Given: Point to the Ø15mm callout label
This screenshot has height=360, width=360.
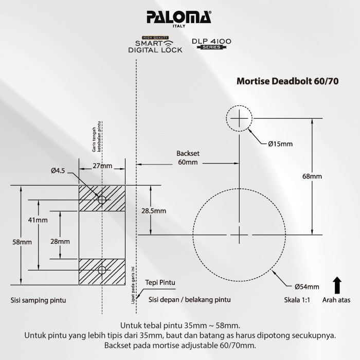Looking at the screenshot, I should pos(280,144).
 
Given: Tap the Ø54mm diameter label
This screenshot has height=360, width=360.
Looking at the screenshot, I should pos(307,286).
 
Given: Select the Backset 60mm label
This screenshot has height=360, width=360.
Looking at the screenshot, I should pos(187,158).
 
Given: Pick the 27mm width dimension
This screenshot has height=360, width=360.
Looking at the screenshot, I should pos(102,166).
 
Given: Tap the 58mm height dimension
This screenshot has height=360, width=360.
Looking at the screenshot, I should pos(20,242).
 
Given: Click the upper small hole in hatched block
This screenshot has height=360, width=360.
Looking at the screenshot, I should pos(102,199).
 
